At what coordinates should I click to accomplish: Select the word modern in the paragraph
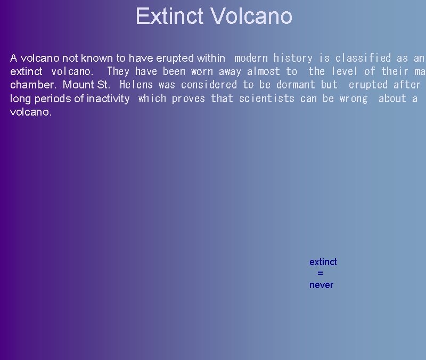[x=251, y=58]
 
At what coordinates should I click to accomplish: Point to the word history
[x=293, y=58]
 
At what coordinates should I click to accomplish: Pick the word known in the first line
[x=95, y=58]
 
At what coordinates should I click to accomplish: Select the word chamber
[x=33, y=85]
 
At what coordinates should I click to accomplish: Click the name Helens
[x=136, y=85]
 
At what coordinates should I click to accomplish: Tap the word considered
[x=209, y=85]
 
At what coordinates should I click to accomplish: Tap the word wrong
[x=354, y=99]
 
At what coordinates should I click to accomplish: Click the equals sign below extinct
[x=320, y=273]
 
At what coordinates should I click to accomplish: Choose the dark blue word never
[x=321, y=285]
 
